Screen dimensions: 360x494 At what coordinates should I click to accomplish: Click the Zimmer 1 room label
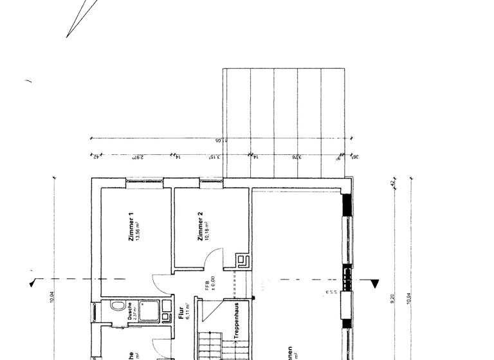pyautogui.click(x=131, y=227)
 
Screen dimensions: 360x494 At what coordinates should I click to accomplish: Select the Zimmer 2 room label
pyautogui.click(x=201, y=226)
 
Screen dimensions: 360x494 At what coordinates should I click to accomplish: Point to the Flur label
pyautogui.click(x=181, y=314)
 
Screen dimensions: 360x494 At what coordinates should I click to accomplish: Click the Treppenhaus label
pyautogui.click(x=237, y=321)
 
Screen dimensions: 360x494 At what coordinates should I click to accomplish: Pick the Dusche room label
pyautogui.click(x=129, y=311)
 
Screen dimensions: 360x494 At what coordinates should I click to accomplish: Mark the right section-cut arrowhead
pyautogui.click(x=374, y=282)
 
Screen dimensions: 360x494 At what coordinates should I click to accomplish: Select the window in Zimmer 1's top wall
pyautogui.click(x=144, y=183)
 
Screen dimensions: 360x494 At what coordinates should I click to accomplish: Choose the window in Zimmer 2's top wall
pyautogui.click(x=211, y=183)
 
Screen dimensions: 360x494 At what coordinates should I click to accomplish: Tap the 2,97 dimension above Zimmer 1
pyautogui.click(x=138, y=156)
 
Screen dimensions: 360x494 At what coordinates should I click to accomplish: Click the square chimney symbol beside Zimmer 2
pyautogui.click(x=243, y=260)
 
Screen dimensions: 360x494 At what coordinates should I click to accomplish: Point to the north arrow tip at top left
pyautogui.click(x=67, y=37)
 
